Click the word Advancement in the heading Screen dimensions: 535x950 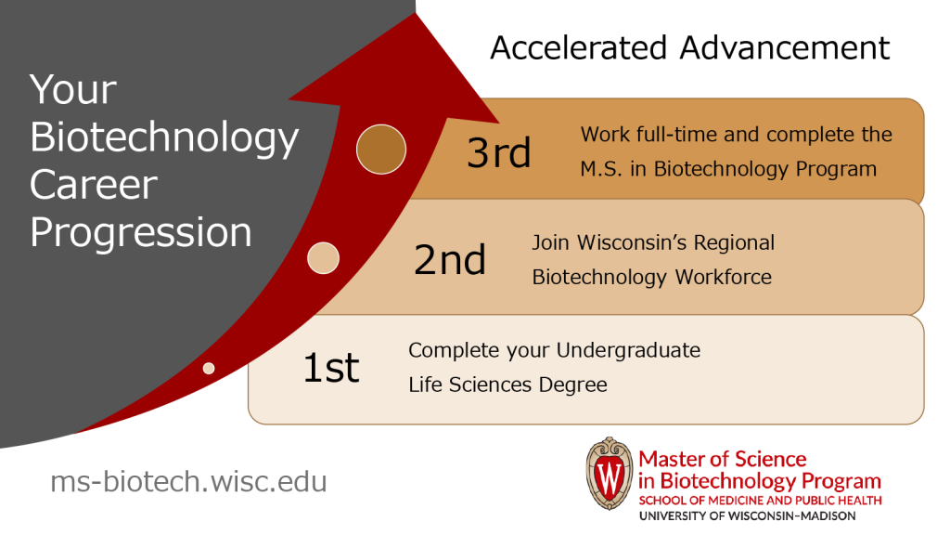[x=791, y=47]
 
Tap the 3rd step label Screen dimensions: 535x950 [x=499, y=152]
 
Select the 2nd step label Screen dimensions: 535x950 [x=450, y=260]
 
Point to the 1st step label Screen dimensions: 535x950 [x=331, y=368]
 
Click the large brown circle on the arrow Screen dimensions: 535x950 [x=381, y=149]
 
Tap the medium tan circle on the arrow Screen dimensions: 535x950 [x=323, y=258]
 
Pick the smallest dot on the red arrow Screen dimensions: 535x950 [x=209, y=369]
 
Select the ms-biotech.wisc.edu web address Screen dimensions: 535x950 [x=188, y=482]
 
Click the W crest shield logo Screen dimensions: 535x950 [x=609, y=475]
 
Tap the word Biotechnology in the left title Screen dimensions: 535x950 [x=164, y=137]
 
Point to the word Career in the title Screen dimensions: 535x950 [x=93, y=185]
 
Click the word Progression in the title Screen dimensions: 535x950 [x=141, y=232]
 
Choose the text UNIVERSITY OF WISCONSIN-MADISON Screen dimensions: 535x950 [x=748, y=515]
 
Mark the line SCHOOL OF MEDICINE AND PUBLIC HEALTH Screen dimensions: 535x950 [x=759, y=501]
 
